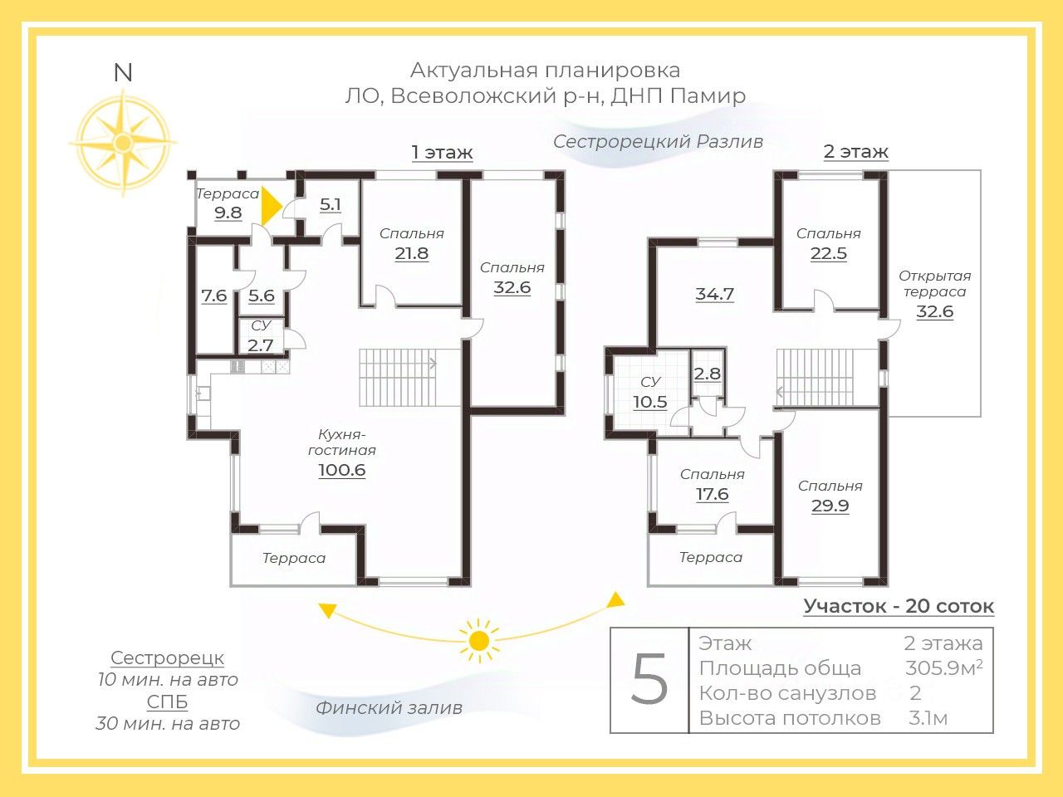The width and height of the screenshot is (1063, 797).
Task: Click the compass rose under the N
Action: (x=123, y=142)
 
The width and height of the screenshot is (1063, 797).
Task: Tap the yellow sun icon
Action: (x=479, y=641)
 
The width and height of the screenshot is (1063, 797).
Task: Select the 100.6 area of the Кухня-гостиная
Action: (x=342, y=470)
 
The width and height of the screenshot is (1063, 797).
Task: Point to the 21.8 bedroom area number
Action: (x=412, y=253)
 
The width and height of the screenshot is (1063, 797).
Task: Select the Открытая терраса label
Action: (x=934, y=284)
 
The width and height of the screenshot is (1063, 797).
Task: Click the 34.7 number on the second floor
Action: (x=715, y=294)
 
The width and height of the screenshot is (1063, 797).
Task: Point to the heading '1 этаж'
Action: (x=442, y=153)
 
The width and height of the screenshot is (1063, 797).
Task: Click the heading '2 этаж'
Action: (x=855, y=151)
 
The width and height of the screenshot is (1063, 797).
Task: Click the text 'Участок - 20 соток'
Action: (x=899, y=606)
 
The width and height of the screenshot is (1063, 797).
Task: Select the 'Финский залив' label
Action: (x=389, y=708)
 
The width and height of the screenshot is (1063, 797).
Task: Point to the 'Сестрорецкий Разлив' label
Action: (x=658, y=142)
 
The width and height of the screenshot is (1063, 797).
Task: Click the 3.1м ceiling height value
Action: (x=928, y=718)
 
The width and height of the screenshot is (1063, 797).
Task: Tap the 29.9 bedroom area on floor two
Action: (x=830, y=506)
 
